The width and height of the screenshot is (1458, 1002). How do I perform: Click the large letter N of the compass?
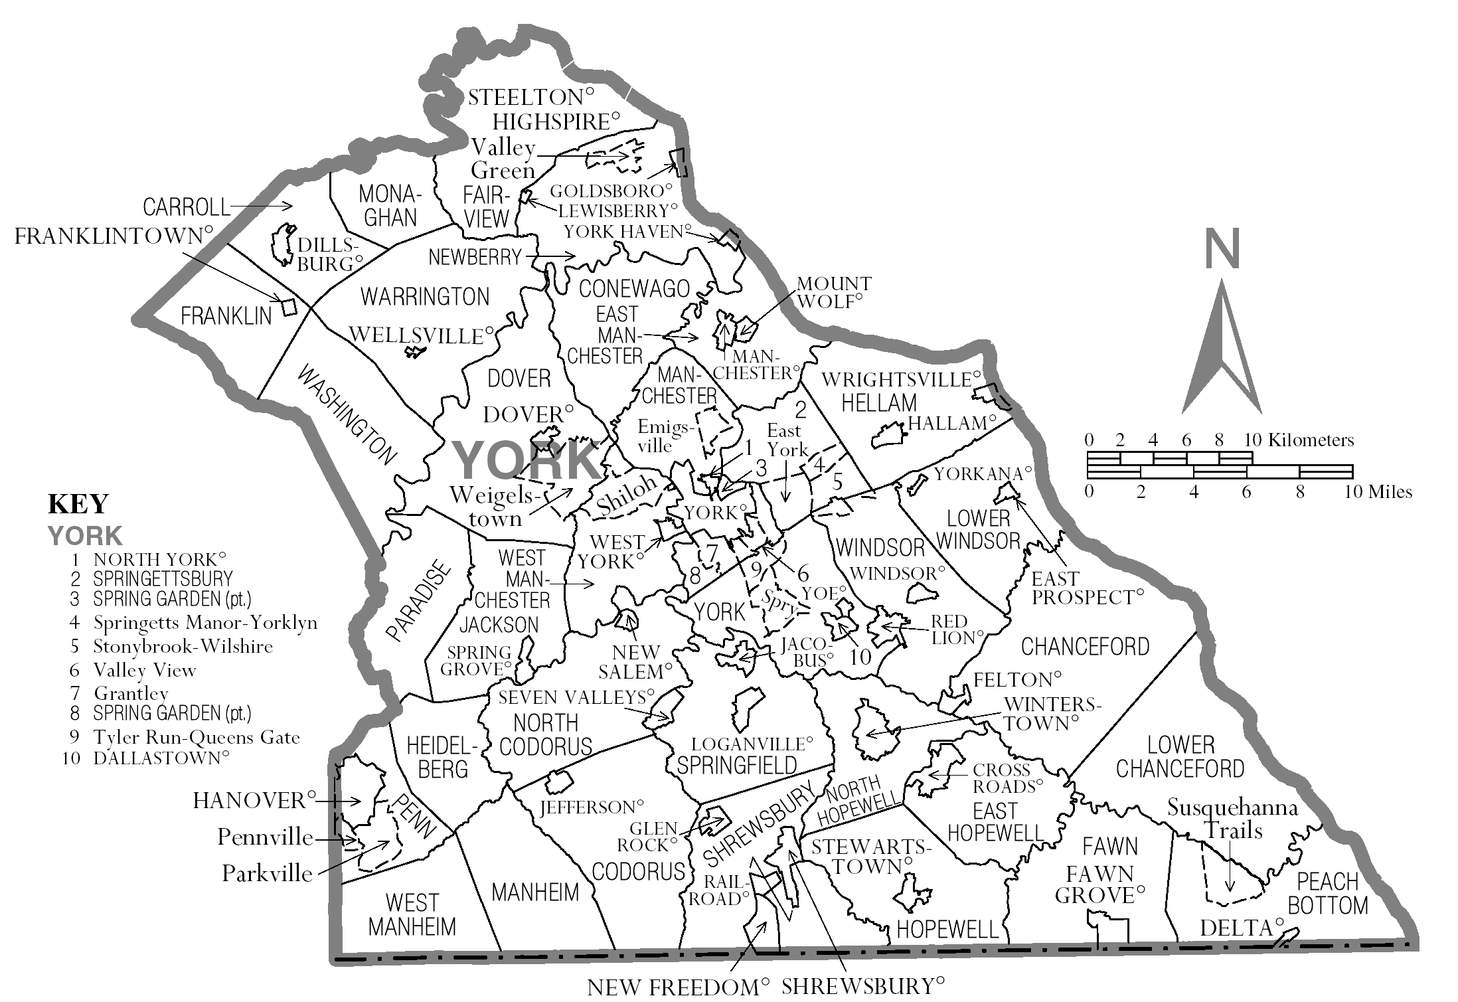1222,248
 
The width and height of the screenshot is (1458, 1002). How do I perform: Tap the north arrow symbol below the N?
1222,352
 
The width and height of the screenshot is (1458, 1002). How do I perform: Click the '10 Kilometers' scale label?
1299,440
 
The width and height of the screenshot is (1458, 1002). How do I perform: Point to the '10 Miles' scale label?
1378,492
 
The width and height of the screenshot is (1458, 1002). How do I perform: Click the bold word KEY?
78,504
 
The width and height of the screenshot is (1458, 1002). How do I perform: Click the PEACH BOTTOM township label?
1327,894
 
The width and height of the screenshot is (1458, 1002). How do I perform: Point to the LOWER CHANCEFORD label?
1180,757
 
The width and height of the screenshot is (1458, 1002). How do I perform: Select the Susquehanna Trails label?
1232,818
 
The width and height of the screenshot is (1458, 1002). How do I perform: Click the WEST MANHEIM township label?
412,914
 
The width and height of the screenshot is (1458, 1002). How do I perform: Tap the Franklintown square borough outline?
288,307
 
